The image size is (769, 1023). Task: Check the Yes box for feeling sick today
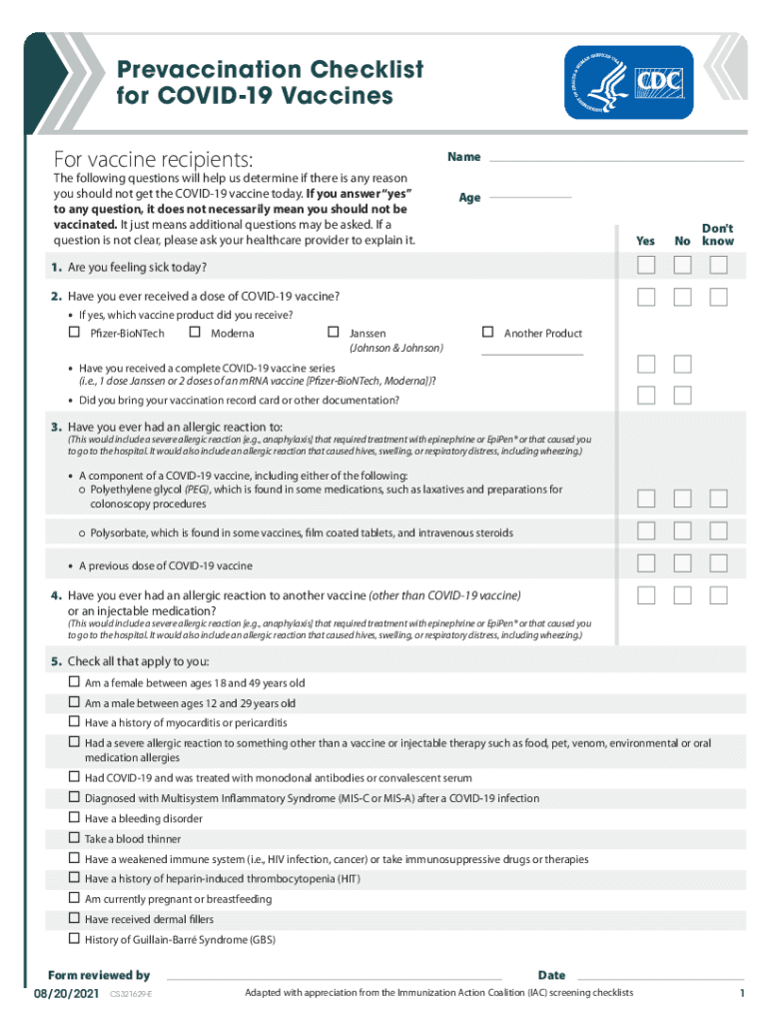click(x=646, y=265)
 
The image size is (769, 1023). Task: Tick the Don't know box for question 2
click(x=718, y=297)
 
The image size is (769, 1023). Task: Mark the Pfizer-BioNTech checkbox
click(x=74, y=333)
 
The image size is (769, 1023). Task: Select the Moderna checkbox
click(x=195, y=333)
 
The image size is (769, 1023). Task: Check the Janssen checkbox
click(x=334, y=333)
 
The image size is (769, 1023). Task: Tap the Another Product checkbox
click(x=488, y=333)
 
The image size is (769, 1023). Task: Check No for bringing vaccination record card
click(x=682, y=396)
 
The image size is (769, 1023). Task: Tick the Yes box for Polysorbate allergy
click(x=646, y=530)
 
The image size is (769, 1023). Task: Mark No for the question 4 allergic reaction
click(x=682, y=595)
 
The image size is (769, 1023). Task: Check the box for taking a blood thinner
click(x=74, y=838)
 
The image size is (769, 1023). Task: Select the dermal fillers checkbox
click(x=74, y=918)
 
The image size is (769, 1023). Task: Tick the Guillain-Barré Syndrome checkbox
click(x=74, y=938)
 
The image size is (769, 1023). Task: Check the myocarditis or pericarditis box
click(x=74, y=721)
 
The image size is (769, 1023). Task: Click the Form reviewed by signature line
click(x=330, y=976)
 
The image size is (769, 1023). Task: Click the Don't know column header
click(x=717, y=235)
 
